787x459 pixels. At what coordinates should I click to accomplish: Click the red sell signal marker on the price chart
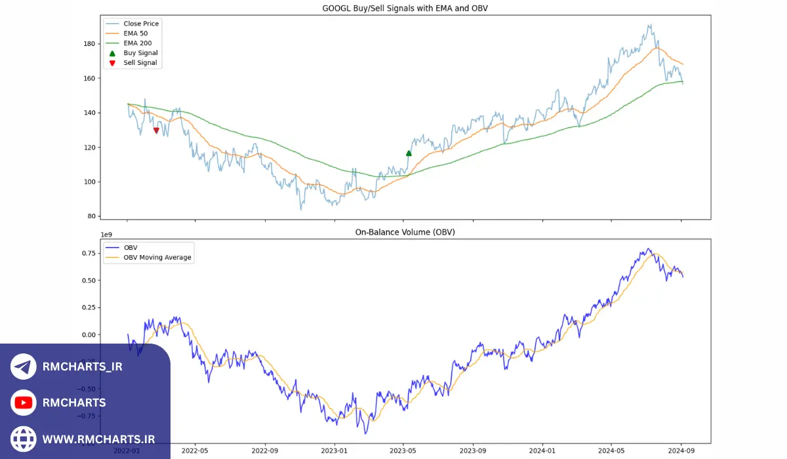tap(156, 130)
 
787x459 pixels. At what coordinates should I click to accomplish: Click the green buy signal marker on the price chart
tap(409, 153)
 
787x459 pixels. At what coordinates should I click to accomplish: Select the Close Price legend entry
tap(141, 24)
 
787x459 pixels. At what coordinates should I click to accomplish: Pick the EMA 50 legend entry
tap(136, 33)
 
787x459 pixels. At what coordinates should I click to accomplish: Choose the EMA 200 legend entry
tap(138, 43)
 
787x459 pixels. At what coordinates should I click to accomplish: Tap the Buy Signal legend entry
tap(140, 53)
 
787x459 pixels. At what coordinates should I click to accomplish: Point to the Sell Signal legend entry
tap(140, 63)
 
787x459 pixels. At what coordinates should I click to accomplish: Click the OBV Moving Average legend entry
tap(157, 258)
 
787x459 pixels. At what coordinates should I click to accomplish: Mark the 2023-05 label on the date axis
tap(403, 451)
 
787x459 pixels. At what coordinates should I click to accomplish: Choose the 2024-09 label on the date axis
tap(681, 451)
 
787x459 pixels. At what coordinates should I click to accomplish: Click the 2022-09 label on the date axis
tap(264, 451)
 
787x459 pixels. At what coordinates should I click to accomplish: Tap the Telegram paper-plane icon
tap(24, 367)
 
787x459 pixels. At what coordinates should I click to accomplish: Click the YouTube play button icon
tap(24, 403)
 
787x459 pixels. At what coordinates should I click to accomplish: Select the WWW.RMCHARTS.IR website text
tap(98, 439)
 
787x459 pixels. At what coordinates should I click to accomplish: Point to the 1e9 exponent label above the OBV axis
tap(106, 234)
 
